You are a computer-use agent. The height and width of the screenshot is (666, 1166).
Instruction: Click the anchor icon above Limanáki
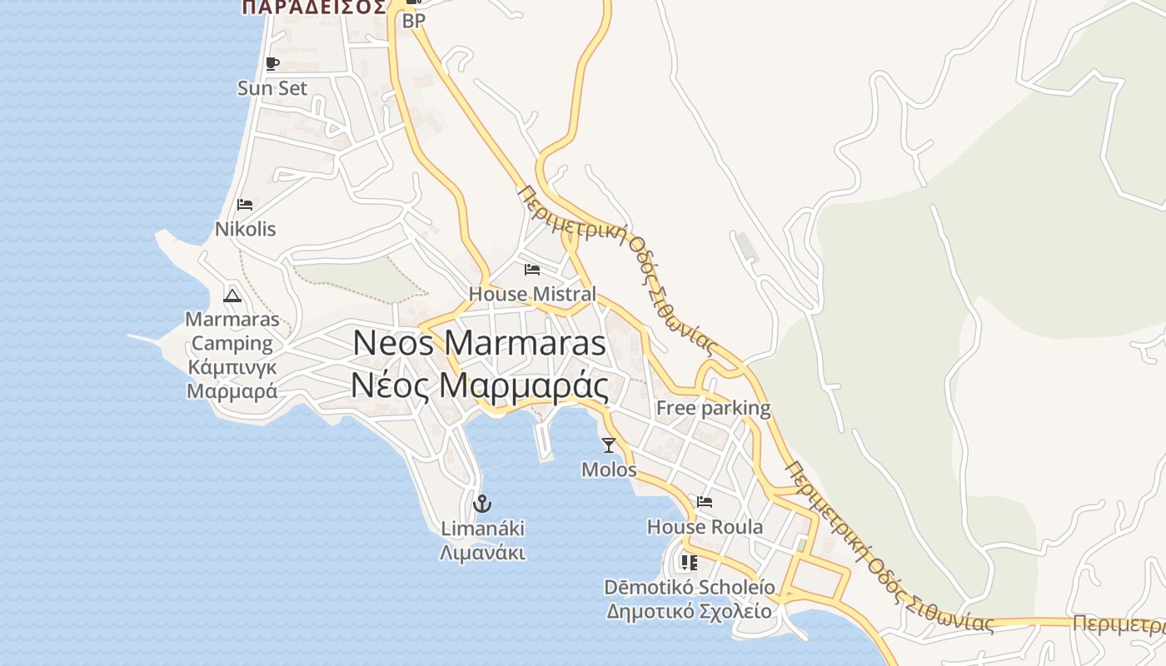coord(481,504)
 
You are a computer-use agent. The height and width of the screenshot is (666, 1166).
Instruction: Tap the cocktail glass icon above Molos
coord(609,445)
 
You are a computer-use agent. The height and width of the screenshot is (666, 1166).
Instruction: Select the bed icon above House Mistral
coord(531,270)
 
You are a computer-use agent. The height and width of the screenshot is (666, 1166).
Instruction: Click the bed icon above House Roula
coord(705,502)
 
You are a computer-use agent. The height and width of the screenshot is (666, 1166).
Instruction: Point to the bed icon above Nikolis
coord(245,205)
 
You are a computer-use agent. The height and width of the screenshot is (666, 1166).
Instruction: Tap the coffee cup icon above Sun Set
coord(272,64)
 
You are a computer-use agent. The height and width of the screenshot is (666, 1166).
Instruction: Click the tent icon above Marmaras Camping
coord(232,295)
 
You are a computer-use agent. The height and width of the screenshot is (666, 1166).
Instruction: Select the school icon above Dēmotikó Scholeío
coord(689,563)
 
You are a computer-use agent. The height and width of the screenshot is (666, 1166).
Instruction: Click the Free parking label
coord(713,408)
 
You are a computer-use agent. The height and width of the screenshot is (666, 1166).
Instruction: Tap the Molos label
coord(609,470)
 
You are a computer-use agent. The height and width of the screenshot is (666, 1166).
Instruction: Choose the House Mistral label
coord(532,294)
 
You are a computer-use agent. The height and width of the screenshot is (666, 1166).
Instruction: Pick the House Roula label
coord(705,527)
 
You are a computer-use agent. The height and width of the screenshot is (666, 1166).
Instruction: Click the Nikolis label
coord(245,229)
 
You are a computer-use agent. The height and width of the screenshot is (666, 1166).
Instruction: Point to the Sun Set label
coord(272,88)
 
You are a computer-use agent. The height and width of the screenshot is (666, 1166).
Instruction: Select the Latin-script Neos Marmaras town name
coord(479,343)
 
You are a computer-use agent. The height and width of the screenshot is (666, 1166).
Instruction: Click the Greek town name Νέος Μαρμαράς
coord(479,385)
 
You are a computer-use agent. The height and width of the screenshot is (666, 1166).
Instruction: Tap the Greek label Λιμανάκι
coord(483,553)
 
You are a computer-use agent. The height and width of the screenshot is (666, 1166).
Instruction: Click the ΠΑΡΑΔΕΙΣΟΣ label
coord(314,7)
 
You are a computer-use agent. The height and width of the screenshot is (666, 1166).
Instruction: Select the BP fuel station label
coord(414,22)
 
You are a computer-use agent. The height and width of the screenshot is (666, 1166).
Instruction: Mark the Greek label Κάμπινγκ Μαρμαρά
coord(232,380)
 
